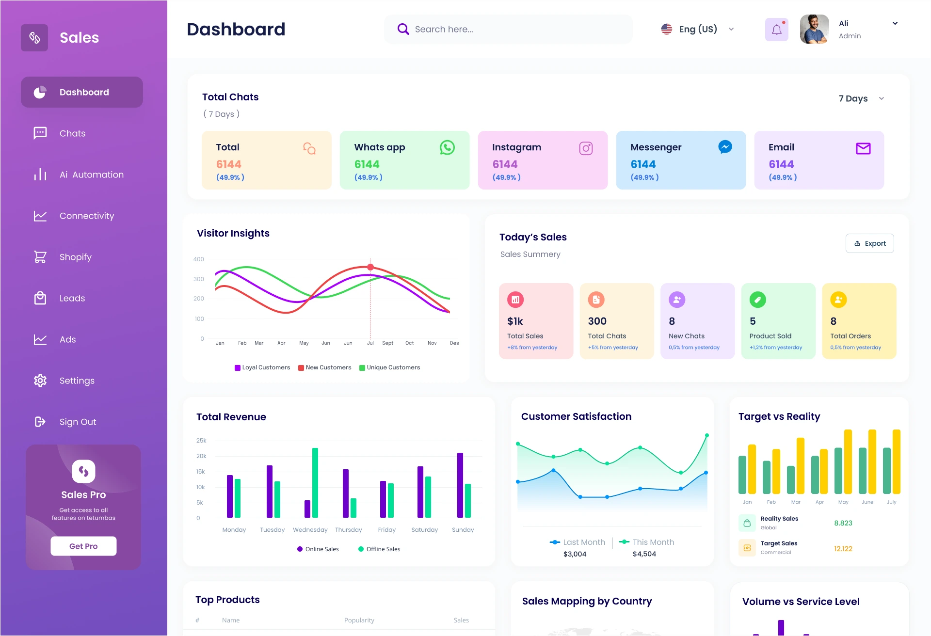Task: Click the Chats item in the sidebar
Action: tap(72, 133)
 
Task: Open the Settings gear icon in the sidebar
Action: tap(40, 381)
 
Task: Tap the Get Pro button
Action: tap(83, 546)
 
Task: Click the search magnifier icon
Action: tap(403, 29)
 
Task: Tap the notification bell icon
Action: tap(776, 30)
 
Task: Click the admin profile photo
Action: tap(814, 29)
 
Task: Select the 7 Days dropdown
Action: tap(861, 98)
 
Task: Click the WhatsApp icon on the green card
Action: tap(447, 147)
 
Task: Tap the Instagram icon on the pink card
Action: tap(586, 148)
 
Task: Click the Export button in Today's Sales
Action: tap(870, 243)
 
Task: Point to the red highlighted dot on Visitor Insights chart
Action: tap(370, 267)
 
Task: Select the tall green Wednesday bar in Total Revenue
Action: tap(315, 482)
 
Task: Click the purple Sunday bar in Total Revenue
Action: tap(460, 485)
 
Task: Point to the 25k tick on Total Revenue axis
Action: tap(201, 441)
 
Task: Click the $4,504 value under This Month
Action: tap(644, 554)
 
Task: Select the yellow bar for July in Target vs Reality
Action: tap(897, 461)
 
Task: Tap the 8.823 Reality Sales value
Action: tap(843, 523)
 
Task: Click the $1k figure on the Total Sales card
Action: tap(515, 321)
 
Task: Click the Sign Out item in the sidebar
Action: tap(78, 422)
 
